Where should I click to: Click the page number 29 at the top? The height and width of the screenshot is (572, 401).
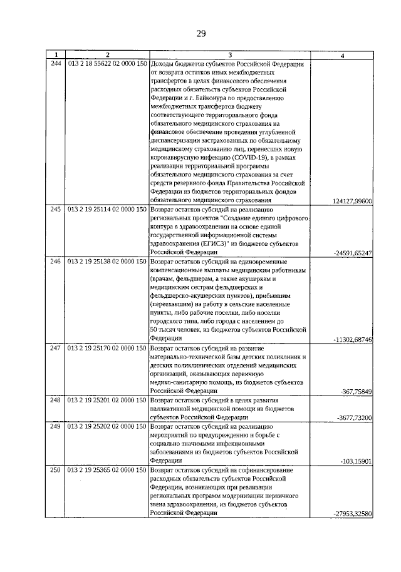pos(200,33)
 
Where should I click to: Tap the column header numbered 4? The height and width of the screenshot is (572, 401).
pos(341,56)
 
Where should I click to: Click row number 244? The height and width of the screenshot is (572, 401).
pos(56,64)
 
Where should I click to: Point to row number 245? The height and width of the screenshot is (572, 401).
pos(56,209)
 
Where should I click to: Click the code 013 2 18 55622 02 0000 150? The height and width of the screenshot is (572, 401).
pos(107,64)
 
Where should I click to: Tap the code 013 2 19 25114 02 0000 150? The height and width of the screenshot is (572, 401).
pos(107,209)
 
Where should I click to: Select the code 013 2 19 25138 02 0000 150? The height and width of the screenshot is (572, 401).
pos(107,260)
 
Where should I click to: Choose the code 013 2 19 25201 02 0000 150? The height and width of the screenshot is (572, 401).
pos(107,399)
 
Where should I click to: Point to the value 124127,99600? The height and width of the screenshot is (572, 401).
pos(353,200)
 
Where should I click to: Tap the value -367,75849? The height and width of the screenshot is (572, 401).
pos(358,391)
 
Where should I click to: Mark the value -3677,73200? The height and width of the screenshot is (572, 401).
pos(355,417)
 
